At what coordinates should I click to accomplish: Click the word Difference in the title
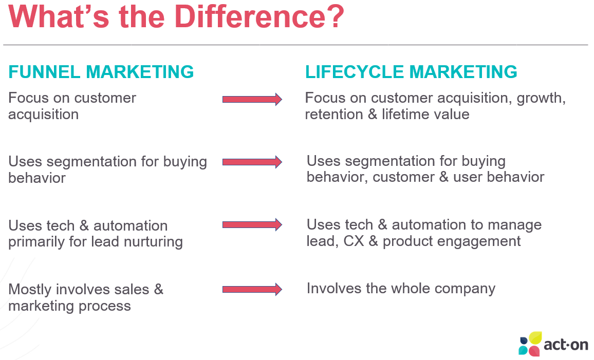click(250, 16)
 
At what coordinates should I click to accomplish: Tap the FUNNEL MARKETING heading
click(101, 72)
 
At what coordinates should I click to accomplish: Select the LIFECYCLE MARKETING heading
click(411, 72)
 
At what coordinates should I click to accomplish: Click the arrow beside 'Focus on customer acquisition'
click(252, 99)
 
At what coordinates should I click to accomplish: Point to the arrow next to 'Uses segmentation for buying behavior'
click(252, 162)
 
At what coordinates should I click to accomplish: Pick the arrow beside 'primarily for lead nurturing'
click(252, 224)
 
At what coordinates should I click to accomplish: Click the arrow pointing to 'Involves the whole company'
click(252, 290)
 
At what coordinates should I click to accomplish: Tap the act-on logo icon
click(530, 344)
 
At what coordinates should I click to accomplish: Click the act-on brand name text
click(566, 345)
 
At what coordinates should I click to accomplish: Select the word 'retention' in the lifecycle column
click(334, 115)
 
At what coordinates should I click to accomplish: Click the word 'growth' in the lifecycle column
click(541, 99)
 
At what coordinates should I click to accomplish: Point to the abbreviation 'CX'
click(354, 241)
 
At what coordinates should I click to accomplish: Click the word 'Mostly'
click(30, 290)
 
